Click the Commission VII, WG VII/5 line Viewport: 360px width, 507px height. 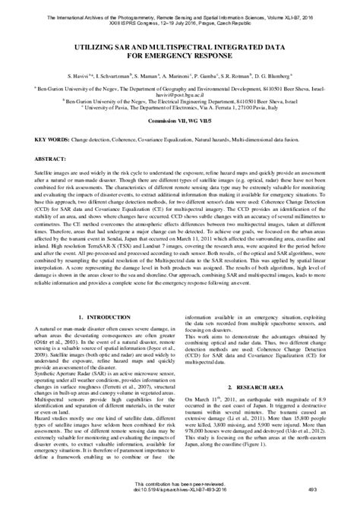(x=180, y=121)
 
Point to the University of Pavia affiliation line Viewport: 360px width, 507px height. (x=180, y=108)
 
